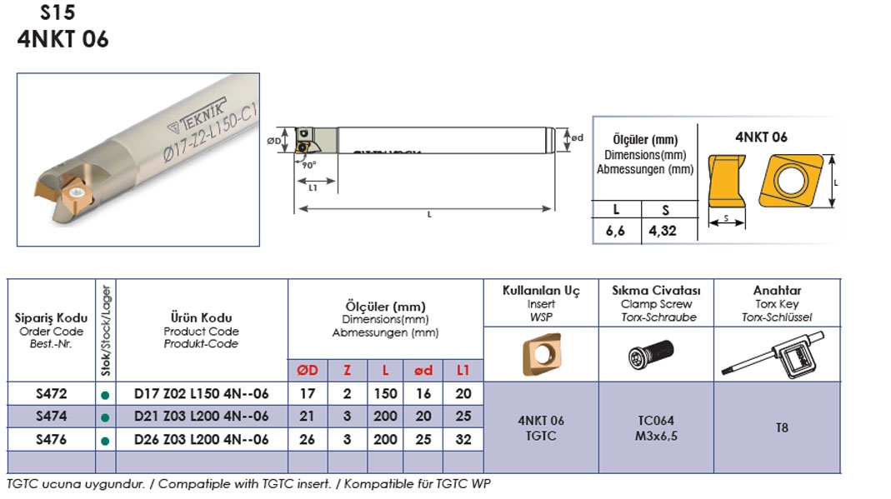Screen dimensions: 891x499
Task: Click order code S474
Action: pos(51,417)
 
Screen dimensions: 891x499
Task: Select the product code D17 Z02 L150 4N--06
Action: pos(201,393)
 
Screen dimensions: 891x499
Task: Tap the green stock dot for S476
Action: pos(105,441)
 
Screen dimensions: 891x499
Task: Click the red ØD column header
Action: pos(308,371)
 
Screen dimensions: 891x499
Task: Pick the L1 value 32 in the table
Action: pos(463,439)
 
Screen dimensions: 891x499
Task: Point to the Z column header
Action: pos(348,371)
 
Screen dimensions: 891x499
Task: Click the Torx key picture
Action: pos(773,355)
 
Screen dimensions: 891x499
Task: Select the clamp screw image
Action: pos(651,354)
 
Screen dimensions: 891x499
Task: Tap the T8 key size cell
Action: pos(782,427)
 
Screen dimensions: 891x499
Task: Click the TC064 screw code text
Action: pos(656,421)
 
